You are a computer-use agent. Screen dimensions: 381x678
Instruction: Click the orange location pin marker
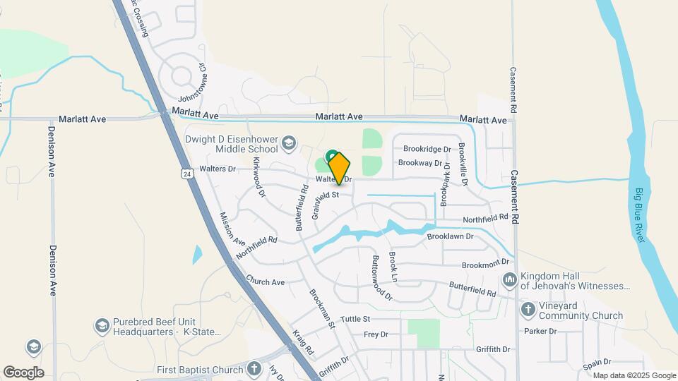coord(339,168)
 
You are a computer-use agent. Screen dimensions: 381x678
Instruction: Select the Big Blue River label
coord(641,214)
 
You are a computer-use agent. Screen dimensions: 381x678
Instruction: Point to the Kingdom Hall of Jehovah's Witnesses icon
coord(510,281)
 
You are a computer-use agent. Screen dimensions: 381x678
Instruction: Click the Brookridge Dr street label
coord(427,149)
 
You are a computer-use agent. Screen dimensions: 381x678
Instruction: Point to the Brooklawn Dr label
coord(450,236)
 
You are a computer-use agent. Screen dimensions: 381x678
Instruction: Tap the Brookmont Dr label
coord(485,264)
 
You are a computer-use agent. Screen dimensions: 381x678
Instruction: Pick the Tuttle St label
coord(355,319)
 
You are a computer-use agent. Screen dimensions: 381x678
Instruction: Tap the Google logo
coord(23,372)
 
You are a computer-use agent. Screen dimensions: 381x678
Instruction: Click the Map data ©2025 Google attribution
coord(634,375)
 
